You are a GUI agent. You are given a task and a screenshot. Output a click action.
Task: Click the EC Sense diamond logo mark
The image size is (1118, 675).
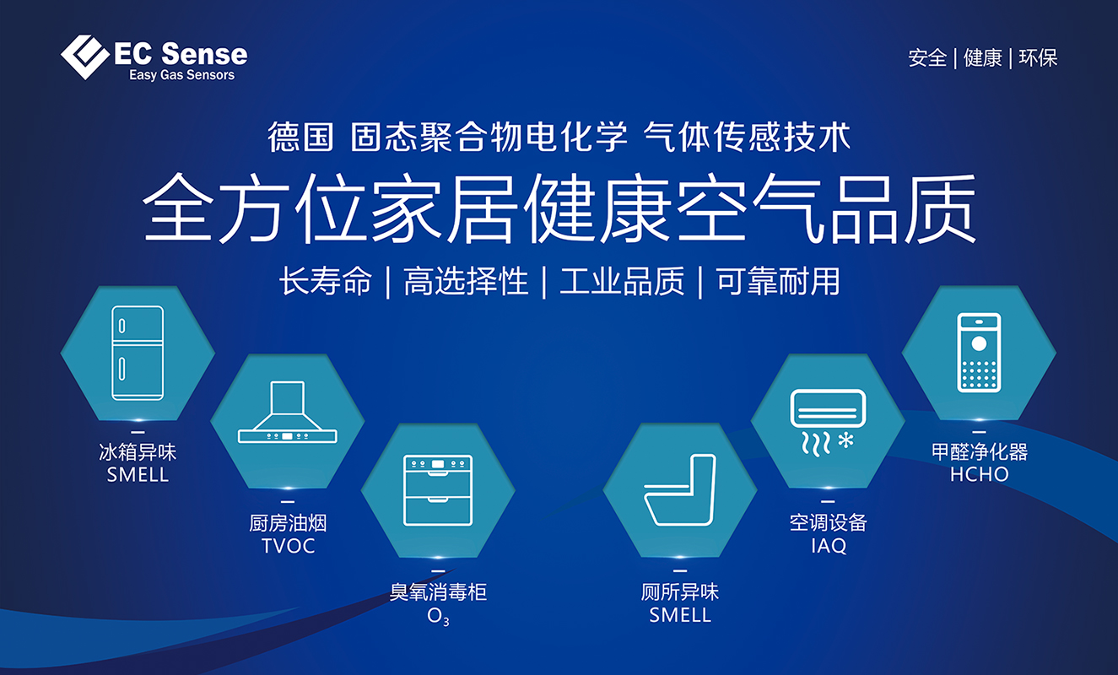coord(85,57)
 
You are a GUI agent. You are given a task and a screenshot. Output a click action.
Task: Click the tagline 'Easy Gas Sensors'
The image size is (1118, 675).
coord(181,75)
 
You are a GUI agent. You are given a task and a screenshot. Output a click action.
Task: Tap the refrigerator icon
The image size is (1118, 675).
coord(138,353)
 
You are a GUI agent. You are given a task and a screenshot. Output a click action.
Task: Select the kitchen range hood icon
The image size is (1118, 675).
coord(288,412)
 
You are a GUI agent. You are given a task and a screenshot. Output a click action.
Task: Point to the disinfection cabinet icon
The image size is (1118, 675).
coord(438,490)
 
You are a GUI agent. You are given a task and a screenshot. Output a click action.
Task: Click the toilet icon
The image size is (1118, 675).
coord(680,489)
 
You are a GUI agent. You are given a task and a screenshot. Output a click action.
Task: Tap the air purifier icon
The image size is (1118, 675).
coord(979,353)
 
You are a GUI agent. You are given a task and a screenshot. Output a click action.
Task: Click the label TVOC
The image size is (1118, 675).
coord(288,546)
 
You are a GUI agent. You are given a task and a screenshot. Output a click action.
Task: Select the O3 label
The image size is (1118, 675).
coord(438,617)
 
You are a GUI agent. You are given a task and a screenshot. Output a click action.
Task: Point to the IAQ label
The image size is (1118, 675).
coord(829,545)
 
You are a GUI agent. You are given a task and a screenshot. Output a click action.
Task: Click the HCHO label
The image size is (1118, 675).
coord(980,474)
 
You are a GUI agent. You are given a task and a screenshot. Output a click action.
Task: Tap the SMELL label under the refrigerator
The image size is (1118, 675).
coord(138,475)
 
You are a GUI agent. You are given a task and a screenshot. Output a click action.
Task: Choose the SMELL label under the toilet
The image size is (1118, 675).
coord(680,615)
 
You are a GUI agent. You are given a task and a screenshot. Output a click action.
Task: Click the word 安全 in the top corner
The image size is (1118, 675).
coord(927,58)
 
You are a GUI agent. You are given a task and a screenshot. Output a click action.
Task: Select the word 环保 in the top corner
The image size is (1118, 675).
coord(1038,58)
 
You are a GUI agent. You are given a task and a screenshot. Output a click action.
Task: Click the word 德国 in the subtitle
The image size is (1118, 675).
coord(300,137)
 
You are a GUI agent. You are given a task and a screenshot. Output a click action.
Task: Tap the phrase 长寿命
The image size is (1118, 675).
coord(326,281)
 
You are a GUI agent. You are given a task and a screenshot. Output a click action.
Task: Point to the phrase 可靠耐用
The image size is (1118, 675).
coord(778,281)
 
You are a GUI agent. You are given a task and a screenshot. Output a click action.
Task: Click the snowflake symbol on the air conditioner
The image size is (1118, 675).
coord(845,440)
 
